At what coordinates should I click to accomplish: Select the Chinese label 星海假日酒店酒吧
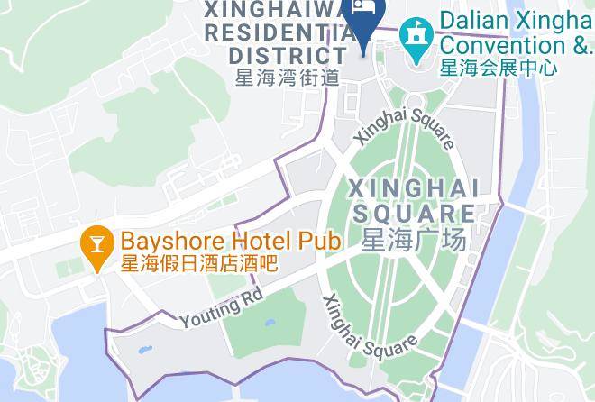point(198,263)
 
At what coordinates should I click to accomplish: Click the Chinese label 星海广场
point(413,241)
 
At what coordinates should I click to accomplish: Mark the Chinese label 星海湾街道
point(287,78)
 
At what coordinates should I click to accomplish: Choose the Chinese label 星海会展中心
point(499,67)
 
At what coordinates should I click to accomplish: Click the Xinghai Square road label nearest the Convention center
point(405,128)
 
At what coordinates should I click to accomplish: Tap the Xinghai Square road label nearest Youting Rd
point(369,326)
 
